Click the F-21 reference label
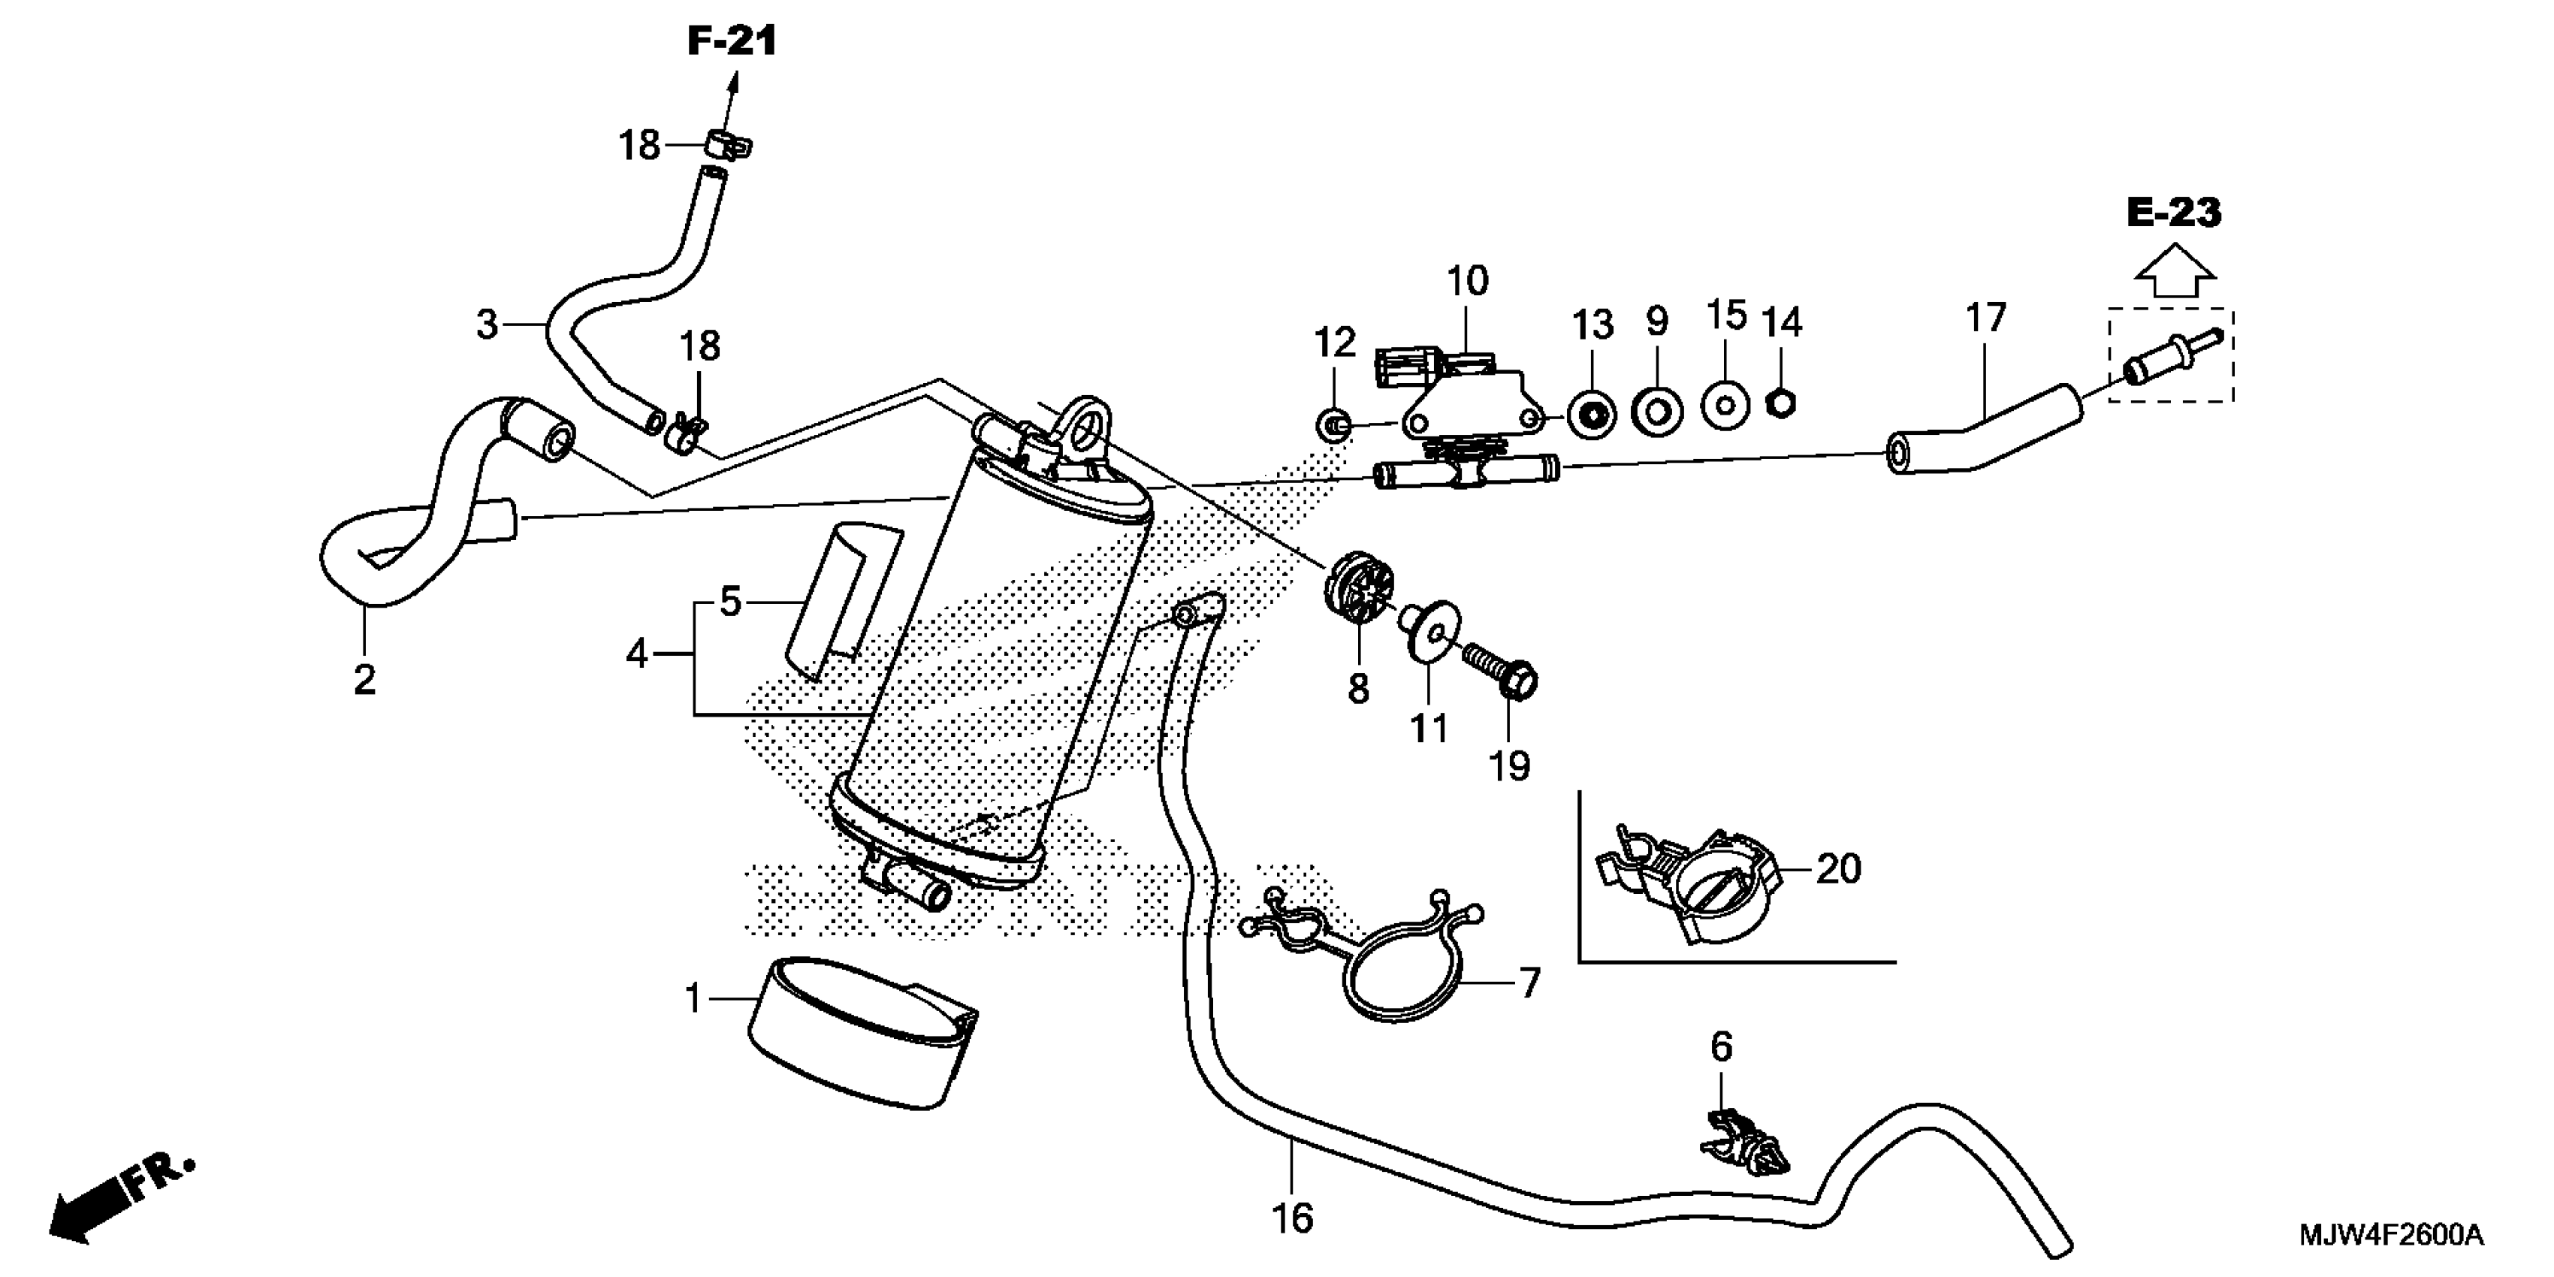732,41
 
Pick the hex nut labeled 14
1782,403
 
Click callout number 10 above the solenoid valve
1467,282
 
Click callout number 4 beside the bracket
636,654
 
